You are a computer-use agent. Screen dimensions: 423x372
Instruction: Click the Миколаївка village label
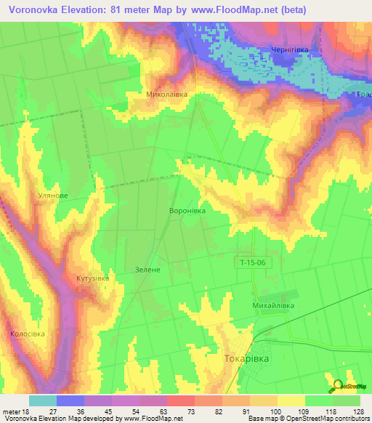pyautogui.click(x=167, y=94)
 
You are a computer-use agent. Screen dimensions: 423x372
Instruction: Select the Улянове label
pyautogui.click(x=53, y=196)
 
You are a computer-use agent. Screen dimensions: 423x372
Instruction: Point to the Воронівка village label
pyautogui.click(x=187, y=210)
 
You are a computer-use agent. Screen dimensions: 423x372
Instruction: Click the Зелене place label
pyautogui.click(x=153, y=269)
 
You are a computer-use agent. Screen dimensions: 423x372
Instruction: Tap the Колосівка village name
pyautogui.click(x=28, y=334)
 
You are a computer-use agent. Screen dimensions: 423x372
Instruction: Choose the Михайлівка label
pyautogui.click(x=272, y=307)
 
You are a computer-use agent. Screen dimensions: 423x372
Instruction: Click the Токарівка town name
pyautogui.click(x=247, y=358)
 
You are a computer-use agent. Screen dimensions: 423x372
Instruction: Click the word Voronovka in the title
pyautogui.click(x=37, y=9)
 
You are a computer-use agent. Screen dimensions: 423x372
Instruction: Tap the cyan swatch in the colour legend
pyautogui.click(x=43, y=400)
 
